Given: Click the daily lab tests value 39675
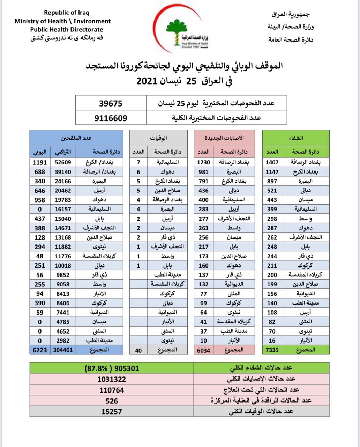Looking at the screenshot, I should (111, 103).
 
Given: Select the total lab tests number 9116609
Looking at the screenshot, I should (111, 118).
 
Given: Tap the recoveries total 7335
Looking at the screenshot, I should (272, 350).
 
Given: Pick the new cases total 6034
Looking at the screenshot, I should (203, 350).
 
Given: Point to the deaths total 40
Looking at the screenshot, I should (138, 350).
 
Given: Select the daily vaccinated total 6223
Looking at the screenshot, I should (40, 350).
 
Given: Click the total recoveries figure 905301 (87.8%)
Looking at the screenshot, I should (112, 368).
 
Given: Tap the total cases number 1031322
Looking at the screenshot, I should (112, 379).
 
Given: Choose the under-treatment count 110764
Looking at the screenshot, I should (112, 390).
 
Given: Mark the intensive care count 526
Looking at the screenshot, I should (112, 401).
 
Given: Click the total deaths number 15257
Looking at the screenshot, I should (112, 411).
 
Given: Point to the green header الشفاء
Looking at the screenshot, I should (296, 138).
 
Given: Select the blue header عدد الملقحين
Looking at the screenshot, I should (76, 138).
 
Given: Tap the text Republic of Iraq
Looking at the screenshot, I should (66, 13).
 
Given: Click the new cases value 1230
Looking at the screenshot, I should (203, 162).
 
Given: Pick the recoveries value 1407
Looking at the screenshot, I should (272, 162).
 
